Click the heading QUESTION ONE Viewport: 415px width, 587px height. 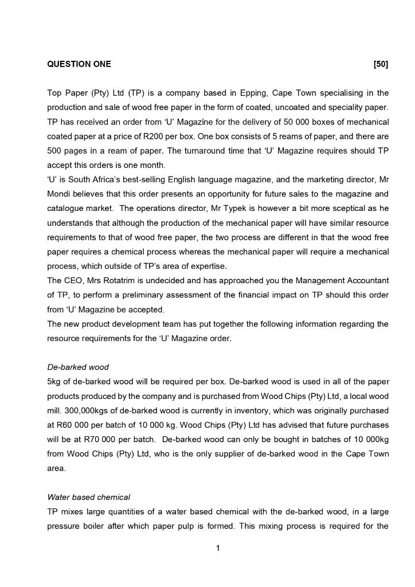[79, 64]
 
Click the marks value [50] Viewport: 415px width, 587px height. [381, 64]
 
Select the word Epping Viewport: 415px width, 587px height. [253, 93]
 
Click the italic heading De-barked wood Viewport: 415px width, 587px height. [78, 367]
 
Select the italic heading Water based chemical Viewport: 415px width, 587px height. [89, 498]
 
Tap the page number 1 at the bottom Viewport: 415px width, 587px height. [218, 549]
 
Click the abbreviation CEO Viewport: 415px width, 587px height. [76, 281]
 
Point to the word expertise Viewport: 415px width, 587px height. [207, 267]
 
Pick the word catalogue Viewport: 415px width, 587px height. [66, 209]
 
